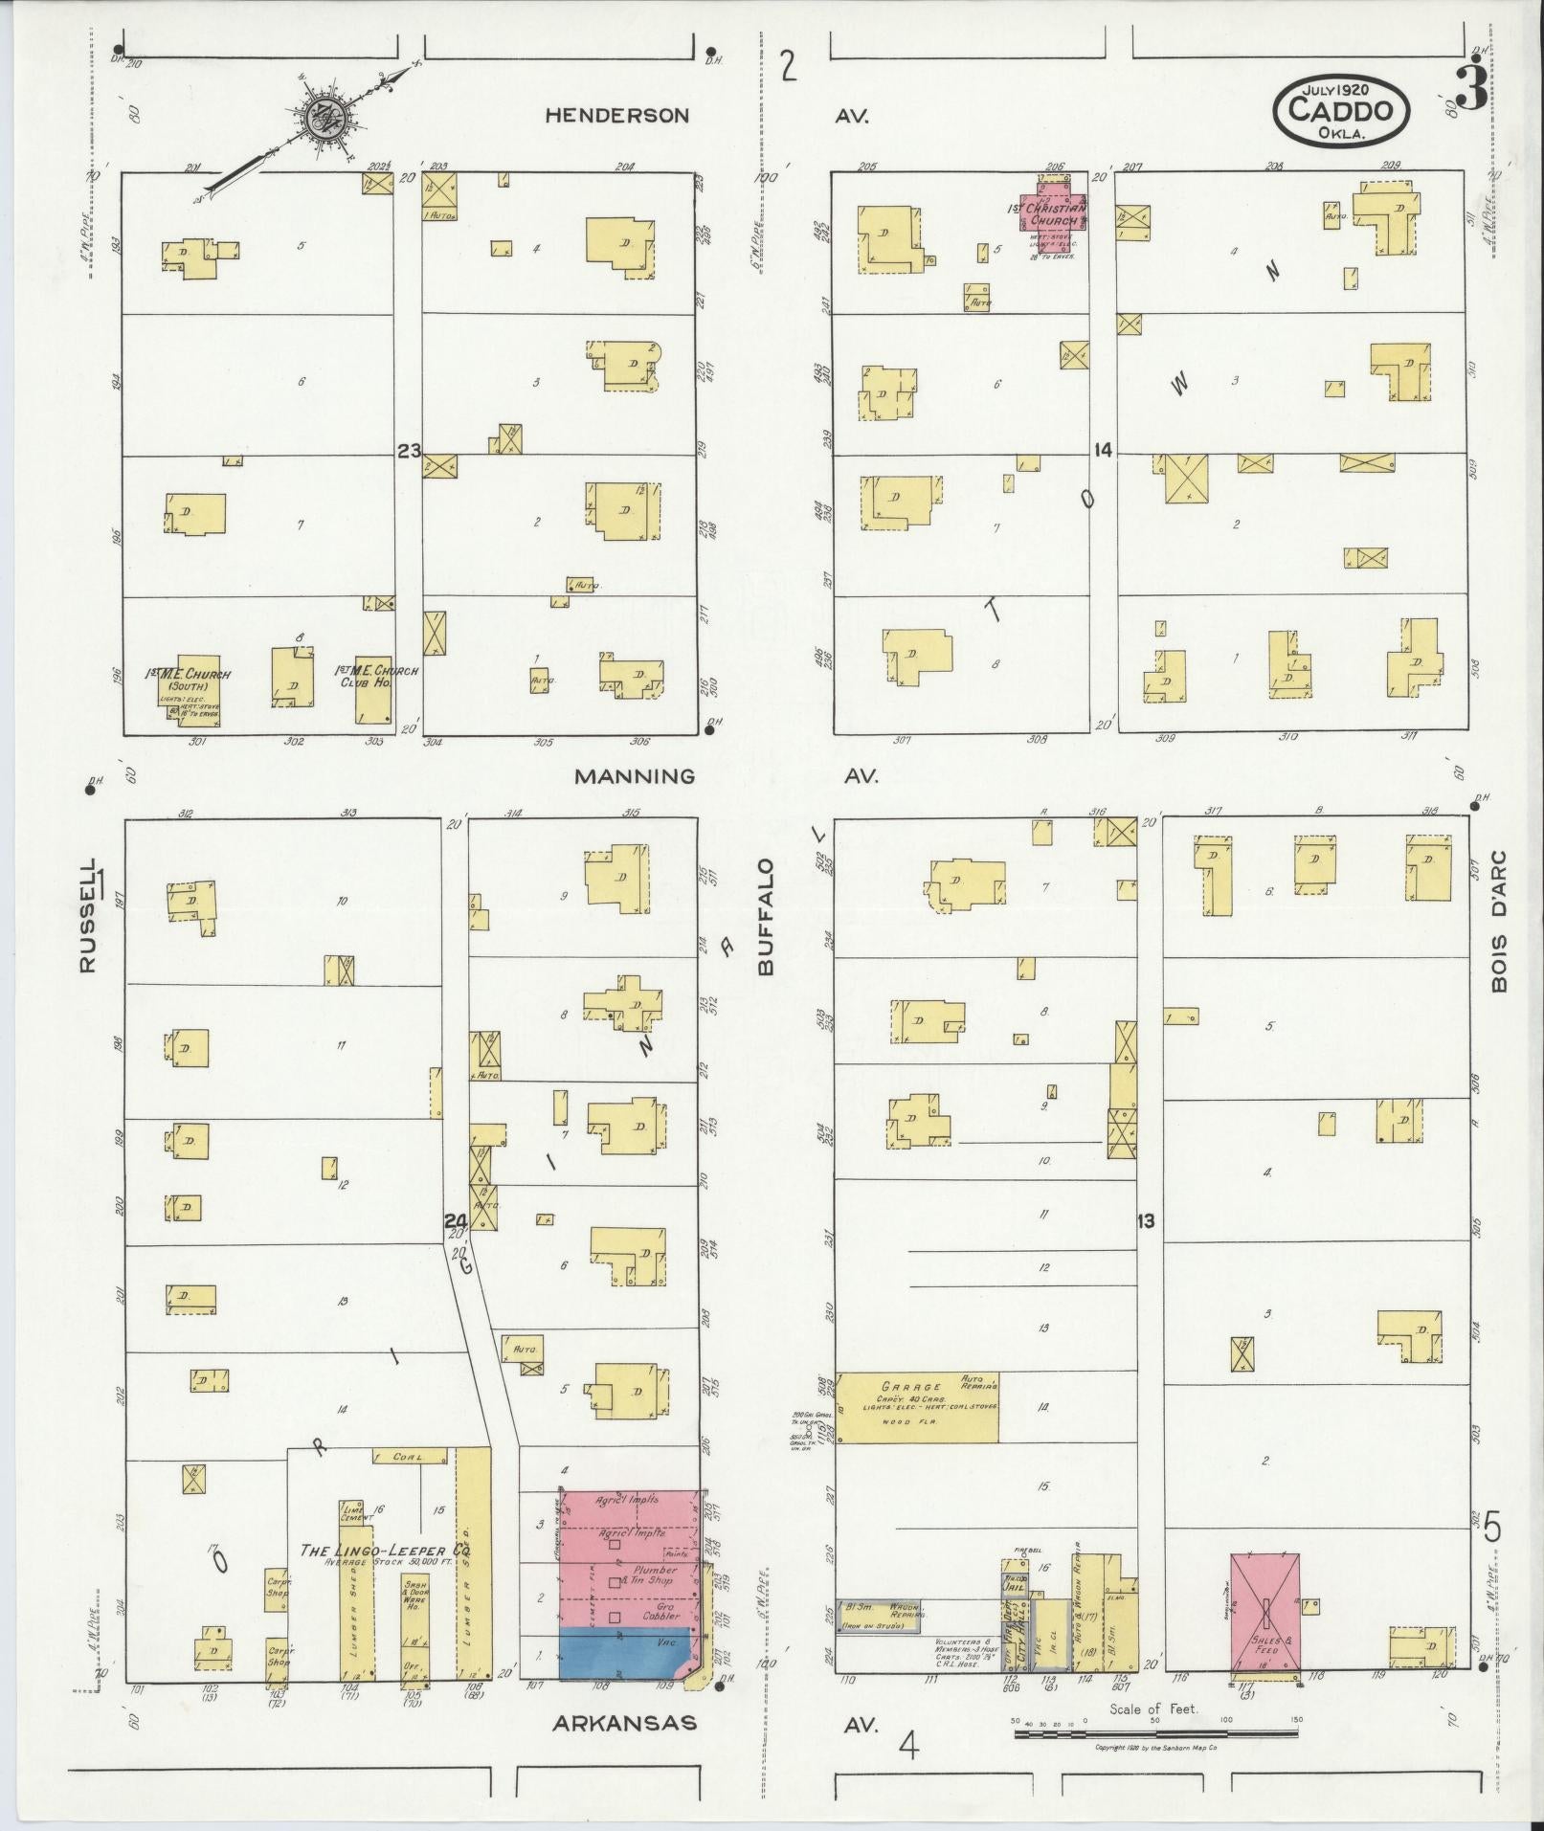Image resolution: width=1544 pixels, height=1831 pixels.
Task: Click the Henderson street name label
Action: click(616, 116)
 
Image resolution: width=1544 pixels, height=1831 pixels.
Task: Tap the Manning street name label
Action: click(634, 776)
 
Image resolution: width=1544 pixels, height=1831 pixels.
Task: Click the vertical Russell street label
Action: click(88, 916)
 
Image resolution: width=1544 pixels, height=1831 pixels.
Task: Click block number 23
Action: click(409, 450)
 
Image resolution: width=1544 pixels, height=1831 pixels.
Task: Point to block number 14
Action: click(1103, 450)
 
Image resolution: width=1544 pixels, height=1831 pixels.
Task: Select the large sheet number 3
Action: click(1475, 87)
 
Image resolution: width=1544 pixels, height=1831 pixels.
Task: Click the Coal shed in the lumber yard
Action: click(410, 1484)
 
